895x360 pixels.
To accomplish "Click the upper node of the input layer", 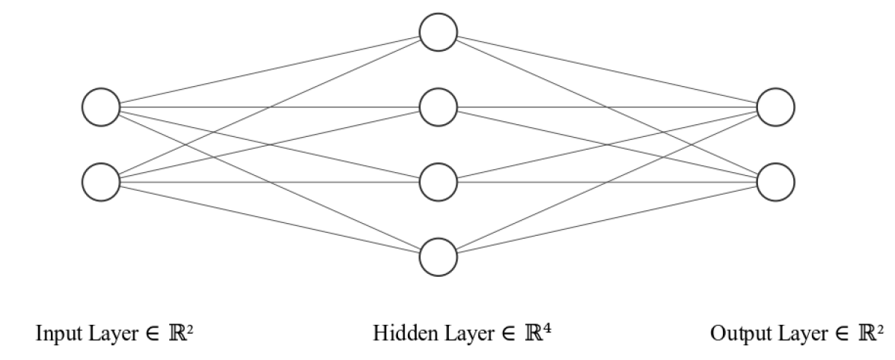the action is click(x=101, y=107).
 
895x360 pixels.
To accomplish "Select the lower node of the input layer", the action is click(x=101, y=183).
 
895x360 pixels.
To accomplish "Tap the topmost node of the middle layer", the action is click(x=439, y=32).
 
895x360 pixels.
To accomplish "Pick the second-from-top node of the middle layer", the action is click(x=439, y=107).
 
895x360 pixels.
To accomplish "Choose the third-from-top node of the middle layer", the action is click(x=439, y=183).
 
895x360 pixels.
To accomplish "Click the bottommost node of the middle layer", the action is click(x=439, y=257).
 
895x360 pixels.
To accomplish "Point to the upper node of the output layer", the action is click(x=775, y=107).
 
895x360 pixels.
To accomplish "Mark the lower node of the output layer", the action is click(x=775, y=183).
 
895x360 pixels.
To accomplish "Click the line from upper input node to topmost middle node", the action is click(x=224, y=79).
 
